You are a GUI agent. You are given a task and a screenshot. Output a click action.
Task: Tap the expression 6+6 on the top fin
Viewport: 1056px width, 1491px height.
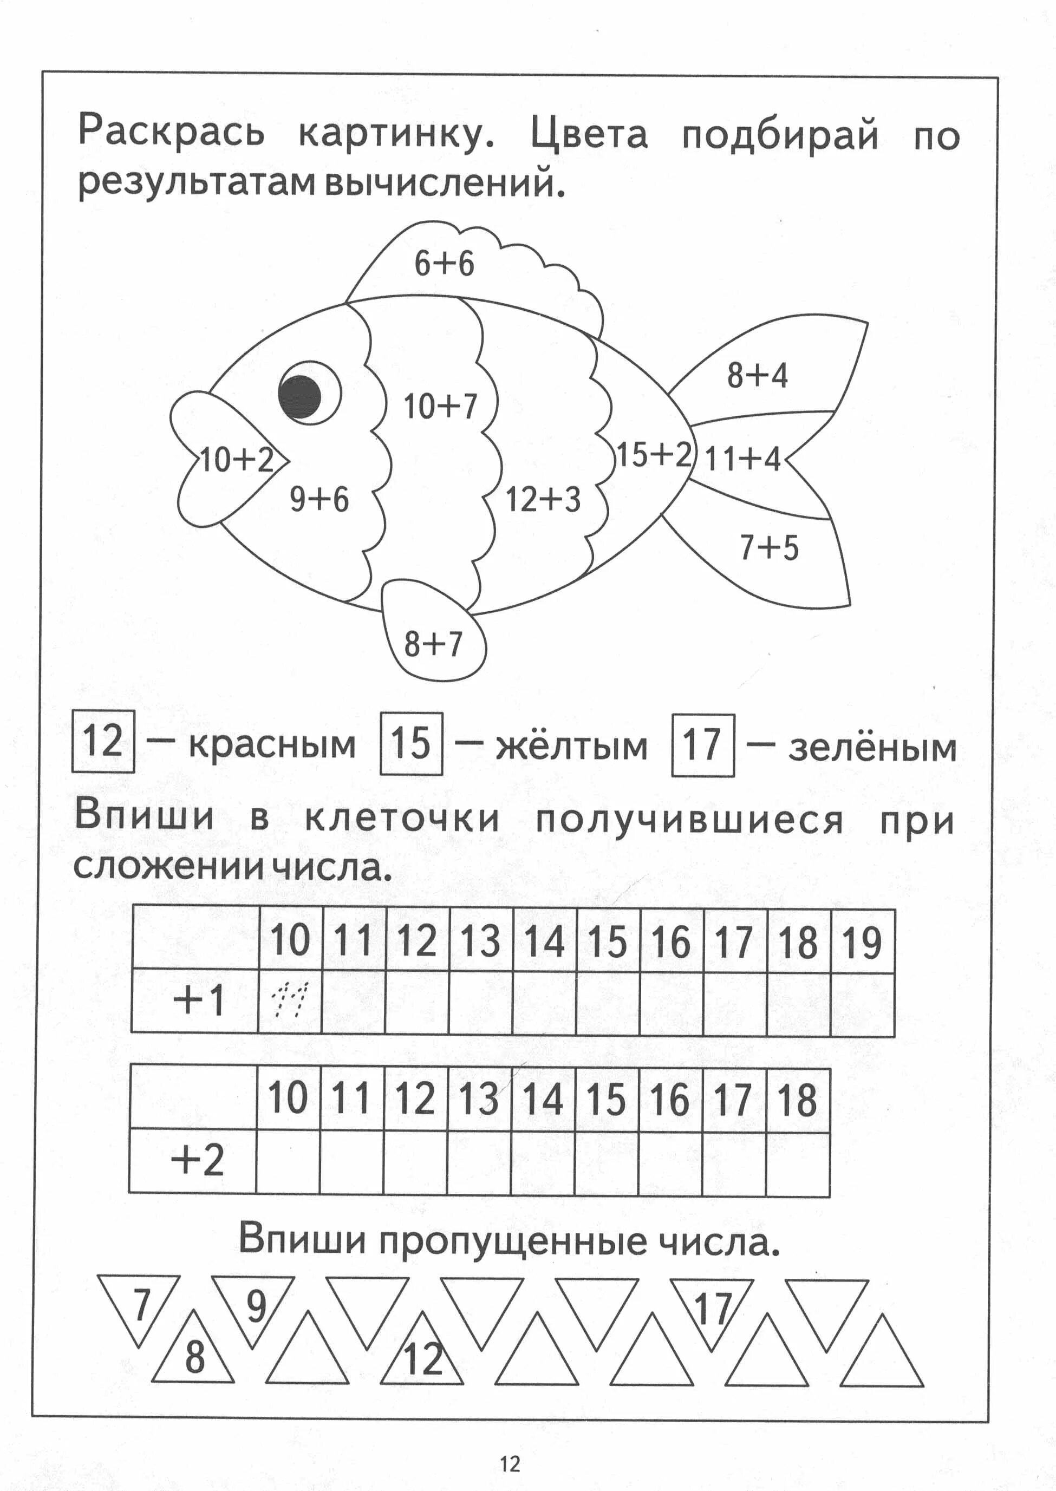point(444,264)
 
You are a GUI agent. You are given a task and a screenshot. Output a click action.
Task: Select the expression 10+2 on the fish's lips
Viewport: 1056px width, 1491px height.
point(237,460)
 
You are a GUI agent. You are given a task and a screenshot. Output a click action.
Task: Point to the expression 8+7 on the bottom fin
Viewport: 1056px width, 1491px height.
point(433,644)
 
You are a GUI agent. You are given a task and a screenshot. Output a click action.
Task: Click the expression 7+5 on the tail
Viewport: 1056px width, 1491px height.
point(768,548)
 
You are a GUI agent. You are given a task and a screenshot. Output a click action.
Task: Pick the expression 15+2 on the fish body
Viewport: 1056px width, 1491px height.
point(653,454)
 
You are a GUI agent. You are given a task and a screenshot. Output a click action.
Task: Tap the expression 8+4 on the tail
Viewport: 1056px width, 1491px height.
point(757,375)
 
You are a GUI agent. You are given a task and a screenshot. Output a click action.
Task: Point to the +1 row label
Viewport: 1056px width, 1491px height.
point(198,999)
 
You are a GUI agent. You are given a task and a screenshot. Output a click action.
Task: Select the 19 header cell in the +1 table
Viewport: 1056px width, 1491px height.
point(862,942)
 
